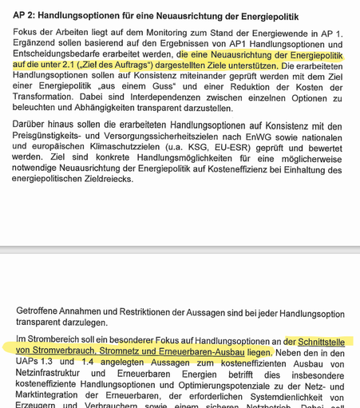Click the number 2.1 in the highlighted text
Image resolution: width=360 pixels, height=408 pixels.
(89, 65)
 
